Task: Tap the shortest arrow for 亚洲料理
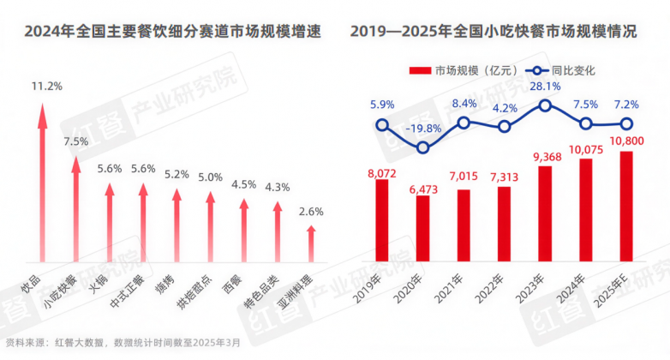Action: (311, 243)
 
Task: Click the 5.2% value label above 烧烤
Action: (176, 174)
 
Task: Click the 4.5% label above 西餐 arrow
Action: (244, 184)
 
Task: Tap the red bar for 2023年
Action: (545, 213)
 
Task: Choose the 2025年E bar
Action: (626, 206)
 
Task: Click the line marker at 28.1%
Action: (545, 105)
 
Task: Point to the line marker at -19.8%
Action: (422, 147)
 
